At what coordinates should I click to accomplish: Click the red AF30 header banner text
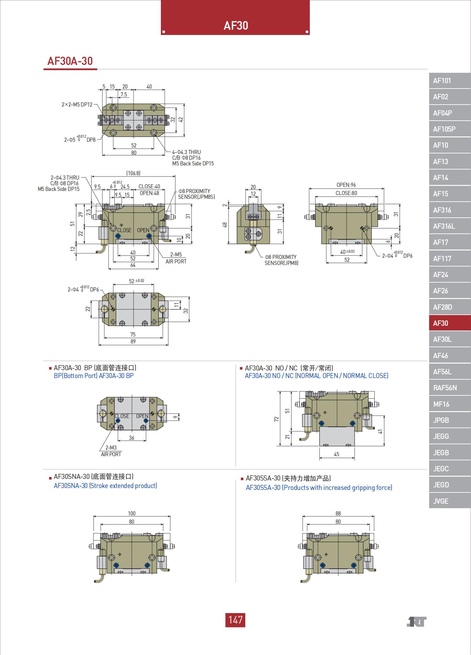235,26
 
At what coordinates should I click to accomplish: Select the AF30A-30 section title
70,61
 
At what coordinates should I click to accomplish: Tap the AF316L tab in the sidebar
444,226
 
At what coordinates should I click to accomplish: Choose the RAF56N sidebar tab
445,388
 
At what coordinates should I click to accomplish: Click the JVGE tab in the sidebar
440,501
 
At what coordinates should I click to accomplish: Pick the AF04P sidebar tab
442,113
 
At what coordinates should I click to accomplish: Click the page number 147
235,620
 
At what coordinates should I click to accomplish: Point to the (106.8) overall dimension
133,173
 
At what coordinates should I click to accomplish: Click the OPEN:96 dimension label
346,185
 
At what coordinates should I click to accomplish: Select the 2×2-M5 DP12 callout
77,104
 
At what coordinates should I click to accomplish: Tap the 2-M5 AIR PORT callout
176,258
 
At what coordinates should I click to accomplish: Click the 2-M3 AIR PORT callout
111,451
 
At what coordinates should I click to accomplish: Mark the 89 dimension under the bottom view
133,342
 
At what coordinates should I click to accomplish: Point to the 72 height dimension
276,419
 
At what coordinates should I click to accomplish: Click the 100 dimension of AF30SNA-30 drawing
132,513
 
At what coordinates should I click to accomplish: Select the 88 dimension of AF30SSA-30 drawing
338,513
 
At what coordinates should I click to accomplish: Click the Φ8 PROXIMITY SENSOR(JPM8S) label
196,194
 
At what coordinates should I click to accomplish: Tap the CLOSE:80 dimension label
346,193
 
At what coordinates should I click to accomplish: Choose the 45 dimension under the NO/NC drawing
337,454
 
